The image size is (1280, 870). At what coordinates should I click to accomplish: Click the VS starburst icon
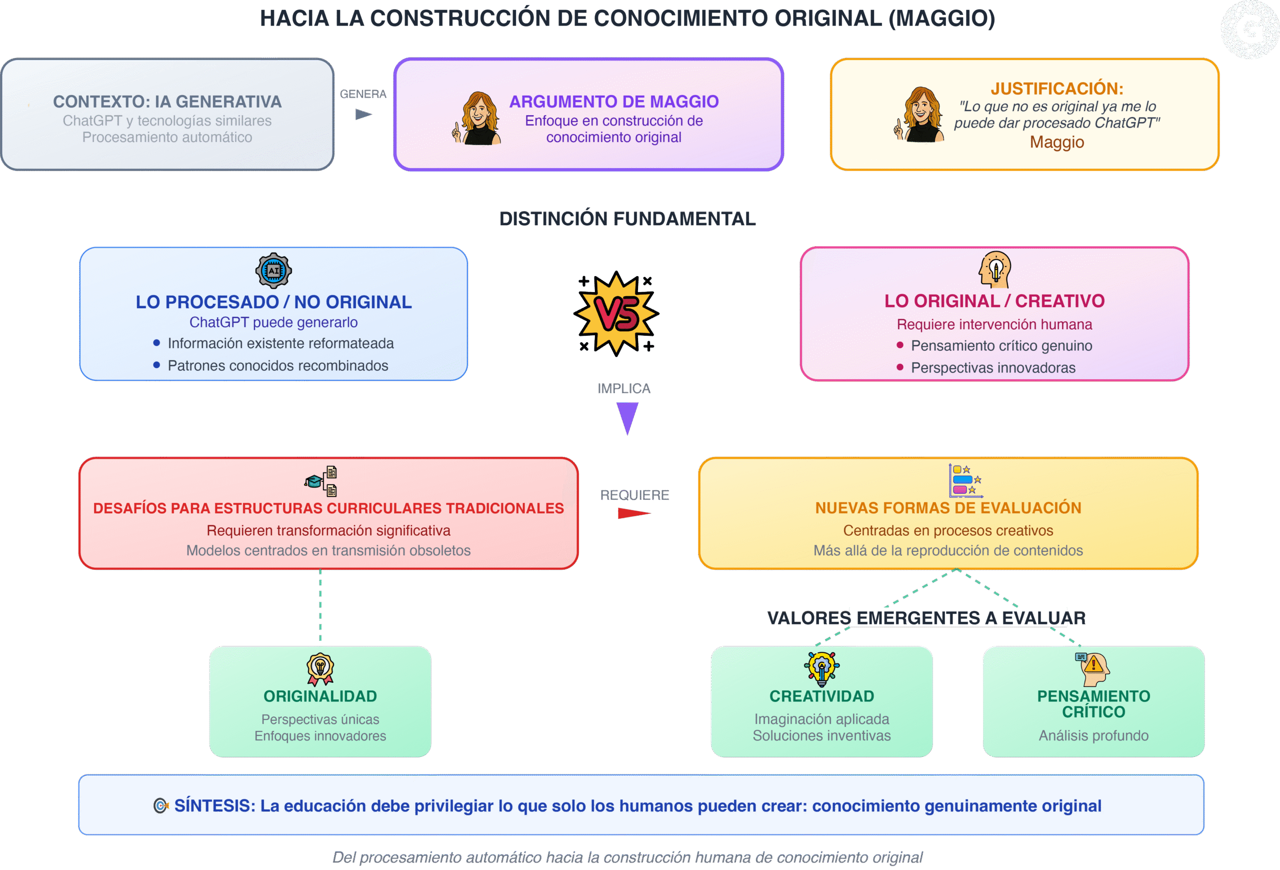(616, 314)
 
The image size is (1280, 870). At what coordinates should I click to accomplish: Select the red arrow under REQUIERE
(634, 513)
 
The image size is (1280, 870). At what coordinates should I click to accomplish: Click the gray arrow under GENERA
(363, 115)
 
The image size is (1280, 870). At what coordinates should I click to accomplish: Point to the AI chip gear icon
(273, 271)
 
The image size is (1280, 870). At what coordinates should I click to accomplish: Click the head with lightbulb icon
(994, 270)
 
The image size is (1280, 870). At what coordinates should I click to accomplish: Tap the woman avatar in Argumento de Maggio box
(477, 119)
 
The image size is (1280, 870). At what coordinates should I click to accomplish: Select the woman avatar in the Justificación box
(918, 115)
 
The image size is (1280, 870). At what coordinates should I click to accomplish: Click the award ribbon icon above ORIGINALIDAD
(320, 669)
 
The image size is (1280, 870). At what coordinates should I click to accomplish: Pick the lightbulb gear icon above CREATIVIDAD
(822, 669)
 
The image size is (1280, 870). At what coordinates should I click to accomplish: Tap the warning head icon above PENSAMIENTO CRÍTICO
(1092, 669)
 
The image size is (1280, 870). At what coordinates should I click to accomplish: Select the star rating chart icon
(965, 480)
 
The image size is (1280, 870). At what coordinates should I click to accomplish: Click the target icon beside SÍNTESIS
(160, 805)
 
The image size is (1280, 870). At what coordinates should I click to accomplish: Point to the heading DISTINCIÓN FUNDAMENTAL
(627, 219)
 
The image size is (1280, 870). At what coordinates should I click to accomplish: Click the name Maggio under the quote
(1057, 142)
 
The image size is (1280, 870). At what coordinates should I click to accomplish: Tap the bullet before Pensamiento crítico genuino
(900, 345)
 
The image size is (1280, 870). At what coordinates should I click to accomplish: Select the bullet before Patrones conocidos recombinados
(157, 365)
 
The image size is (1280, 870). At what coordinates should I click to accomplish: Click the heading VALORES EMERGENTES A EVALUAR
(926, 618)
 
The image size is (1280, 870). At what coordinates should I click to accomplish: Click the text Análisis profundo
(1094, 735)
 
